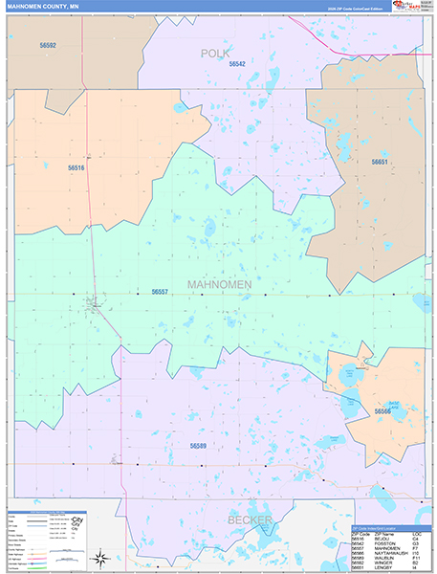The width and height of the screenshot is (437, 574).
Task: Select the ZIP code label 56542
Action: pos(236,64)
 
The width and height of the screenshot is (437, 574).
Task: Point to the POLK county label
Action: pos(215,54)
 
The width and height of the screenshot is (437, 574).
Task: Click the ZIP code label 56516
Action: pos(76,167)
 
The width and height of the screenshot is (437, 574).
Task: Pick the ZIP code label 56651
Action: pos(380,163)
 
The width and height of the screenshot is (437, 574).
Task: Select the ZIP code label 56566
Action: pos(382,411)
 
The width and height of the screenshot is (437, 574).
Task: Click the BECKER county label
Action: pos(250,519)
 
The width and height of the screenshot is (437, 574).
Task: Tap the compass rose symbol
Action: pos(98,557)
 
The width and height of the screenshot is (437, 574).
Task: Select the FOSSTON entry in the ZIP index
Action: pos(383,544)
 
